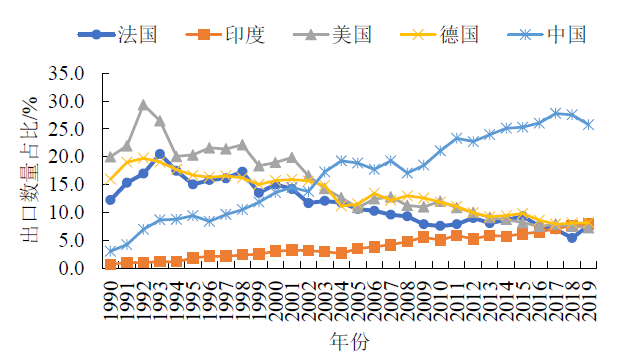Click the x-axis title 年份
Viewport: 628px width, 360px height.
click(x=349, y=343)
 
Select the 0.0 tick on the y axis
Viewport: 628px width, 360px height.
click(x=83, y=268)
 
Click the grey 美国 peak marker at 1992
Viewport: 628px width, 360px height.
click(x=143, y=105)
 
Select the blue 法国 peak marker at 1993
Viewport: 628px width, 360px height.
click(x=160, y=154)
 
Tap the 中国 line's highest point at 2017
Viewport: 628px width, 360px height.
click(x=555, y=113)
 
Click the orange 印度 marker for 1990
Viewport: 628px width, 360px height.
click(x=110, y=264)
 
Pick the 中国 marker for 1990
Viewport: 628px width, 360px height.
click(x=110, y=251)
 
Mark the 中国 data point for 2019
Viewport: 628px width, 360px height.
click(x=588, y=125)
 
